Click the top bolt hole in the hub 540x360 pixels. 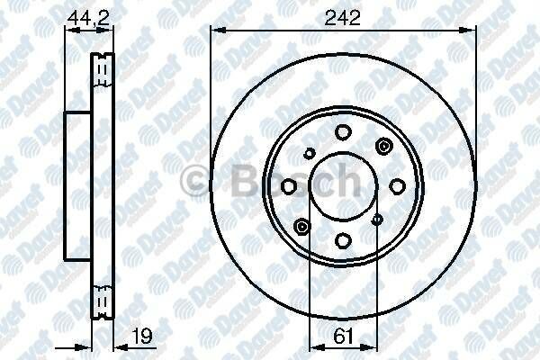click(x=343, y=132)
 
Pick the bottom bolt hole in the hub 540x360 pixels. click(x=343, y=239)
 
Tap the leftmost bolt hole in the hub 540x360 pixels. click(x=289, y=185)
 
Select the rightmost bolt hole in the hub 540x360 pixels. click(x=396, y=185)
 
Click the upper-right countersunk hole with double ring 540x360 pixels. click(x=385, y=146)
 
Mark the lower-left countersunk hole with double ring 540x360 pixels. click(x=301, y=225)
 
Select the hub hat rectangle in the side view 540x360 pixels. click(x=79, y=185)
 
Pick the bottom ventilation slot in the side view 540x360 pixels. click(x=102, y=302)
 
